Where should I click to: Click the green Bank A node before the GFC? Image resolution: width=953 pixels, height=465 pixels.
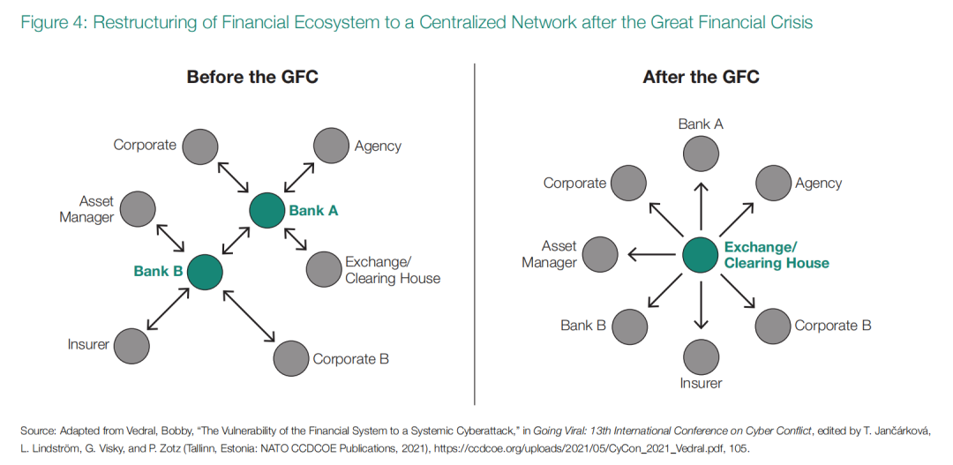266,210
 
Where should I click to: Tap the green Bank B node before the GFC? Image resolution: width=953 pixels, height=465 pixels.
205,272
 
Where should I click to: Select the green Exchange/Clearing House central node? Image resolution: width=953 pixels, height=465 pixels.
701,255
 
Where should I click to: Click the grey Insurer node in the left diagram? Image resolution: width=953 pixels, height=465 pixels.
131,345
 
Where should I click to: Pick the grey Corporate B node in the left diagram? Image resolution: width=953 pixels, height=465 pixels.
291,358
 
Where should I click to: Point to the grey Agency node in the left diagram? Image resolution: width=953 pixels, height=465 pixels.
332,146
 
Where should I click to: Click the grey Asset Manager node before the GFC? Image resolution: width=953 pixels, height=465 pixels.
138,209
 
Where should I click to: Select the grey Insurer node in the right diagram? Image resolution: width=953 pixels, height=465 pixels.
701,355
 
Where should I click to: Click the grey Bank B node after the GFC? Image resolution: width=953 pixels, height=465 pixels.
630,326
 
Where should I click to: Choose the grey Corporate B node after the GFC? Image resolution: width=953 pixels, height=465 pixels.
773,326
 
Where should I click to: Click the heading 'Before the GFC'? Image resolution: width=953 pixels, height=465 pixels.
252,77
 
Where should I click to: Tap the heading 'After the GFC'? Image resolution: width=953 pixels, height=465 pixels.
701,77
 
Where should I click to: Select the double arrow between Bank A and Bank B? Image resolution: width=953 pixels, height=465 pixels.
236,241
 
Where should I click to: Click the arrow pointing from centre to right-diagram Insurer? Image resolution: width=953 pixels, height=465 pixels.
701,304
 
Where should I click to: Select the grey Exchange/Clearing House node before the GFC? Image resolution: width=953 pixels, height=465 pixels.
324,269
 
